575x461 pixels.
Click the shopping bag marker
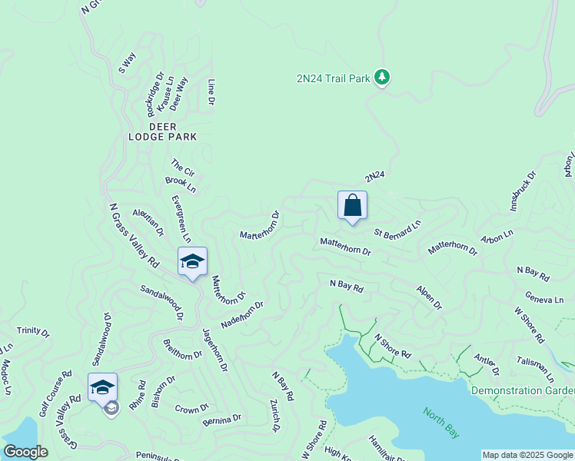point(352,205)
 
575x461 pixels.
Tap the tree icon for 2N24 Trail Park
point(382,78)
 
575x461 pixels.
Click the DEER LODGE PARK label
point(162,131)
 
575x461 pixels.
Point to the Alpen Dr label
point(429,297)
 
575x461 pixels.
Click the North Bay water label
point(441,422)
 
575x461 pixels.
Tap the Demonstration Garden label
point(522,390)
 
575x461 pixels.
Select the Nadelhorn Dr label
point(242,313)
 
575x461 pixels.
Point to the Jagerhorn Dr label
point(214,350)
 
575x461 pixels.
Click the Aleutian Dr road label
point(148,221)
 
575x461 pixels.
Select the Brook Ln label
point(181,185)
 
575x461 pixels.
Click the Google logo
point(26,452)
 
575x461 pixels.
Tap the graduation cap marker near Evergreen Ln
point(192,261)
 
